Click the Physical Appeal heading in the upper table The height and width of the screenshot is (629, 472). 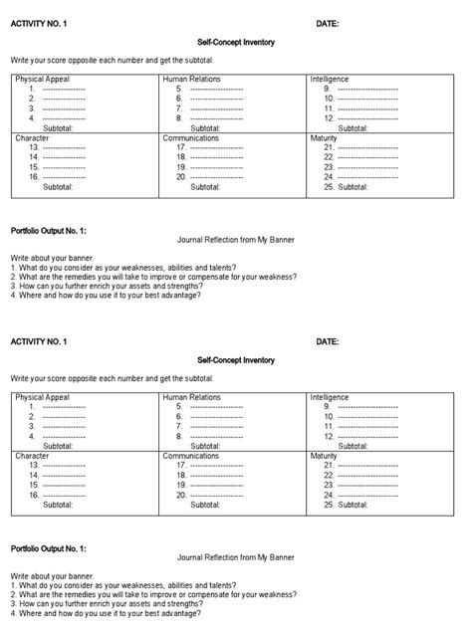coord(43,78)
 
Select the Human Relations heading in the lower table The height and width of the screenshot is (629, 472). coord(191,397)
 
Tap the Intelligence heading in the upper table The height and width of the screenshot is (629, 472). coord(330,78)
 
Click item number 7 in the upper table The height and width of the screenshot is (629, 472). coord(180,107)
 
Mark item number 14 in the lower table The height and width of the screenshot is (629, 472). coord(35,476)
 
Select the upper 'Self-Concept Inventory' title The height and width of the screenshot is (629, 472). coord(236,43)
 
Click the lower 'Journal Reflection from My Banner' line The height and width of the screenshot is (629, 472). coord(235,559)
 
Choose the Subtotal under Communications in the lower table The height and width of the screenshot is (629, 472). coord(206,506)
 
